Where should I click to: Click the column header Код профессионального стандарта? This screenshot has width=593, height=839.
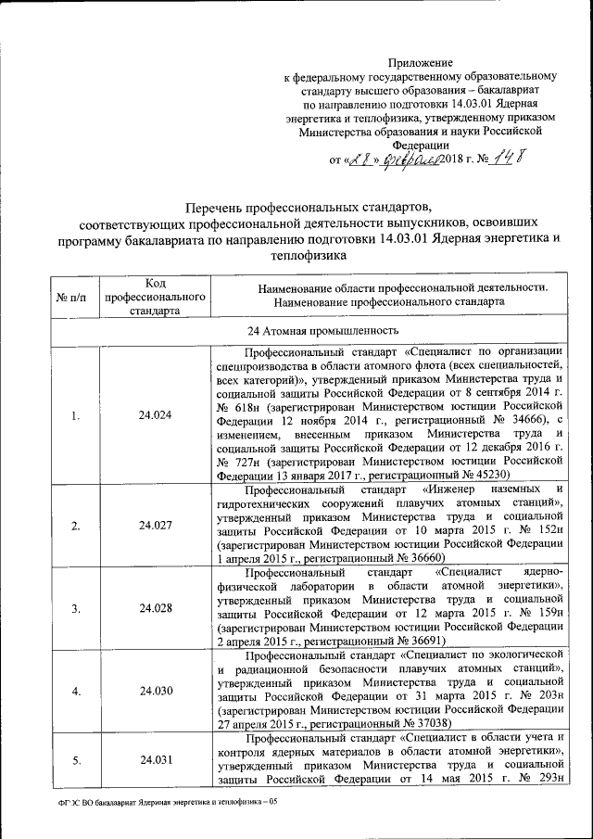(155, 296)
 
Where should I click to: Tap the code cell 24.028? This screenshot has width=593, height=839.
(155, 608)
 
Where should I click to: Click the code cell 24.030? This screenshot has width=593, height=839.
(155, 691)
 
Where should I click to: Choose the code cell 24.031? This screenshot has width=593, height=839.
(155, 760)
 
